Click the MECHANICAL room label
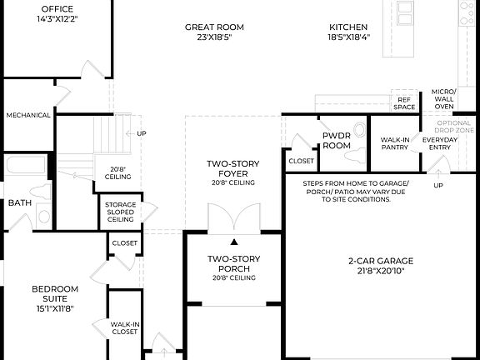28,116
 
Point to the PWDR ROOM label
337,141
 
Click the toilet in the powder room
358,129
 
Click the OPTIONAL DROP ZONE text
455,127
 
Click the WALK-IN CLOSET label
124,327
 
